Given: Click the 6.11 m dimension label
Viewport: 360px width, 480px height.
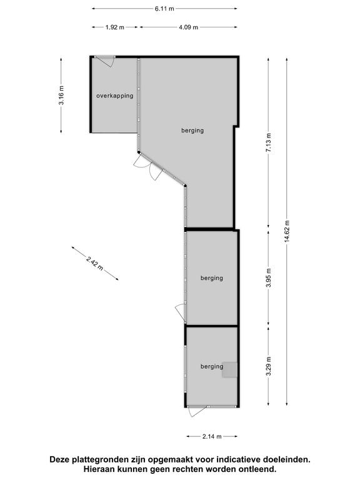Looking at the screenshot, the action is pos(164,9).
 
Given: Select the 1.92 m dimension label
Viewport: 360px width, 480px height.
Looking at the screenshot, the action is pos(115,27).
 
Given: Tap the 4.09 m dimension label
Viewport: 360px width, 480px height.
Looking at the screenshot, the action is pos(189,27).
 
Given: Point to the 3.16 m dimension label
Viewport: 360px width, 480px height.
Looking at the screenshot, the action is pos(61,95).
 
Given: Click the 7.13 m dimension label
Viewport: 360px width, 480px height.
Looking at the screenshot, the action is pos(269,142).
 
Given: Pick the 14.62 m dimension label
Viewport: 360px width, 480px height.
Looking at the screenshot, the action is pos(287,231).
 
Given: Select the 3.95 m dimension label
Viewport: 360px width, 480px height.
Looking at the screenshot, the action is pos(269,277).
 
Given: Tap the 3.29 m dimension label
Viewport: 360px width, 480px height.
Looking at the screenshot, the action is pos(269,366).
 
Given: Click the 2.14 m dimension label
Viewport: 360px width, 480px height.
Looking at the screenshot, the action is pos(212,436).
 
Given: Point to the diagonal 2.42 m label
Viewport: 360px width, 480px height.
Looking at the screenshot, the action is pos(95,263).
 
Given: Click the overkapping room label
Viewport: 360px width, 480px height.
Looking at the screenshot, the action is pos(115,96).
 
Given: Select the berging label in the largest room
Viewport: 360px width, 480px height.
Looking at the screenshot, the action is pos(192,131).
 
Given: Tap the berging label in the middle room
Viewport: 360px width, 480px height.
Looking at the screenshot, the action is pos(212,278).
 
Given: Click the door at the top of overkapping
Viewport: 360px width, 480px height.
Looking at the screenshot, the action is pos(105,61).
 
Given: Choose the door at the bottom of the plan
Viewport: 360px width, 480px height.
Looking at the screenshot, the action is pos(198,411).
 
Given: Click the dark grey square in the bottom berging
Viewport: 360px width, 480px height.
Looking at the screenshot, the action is pos(229,370).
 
